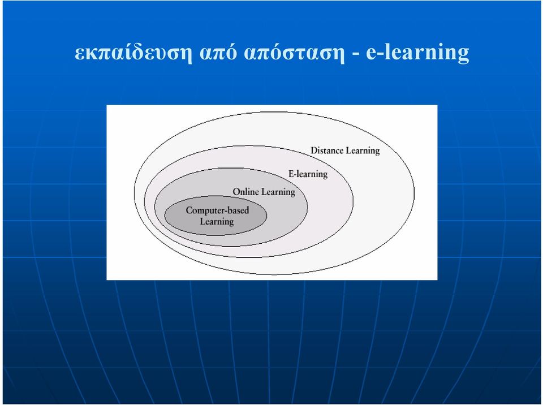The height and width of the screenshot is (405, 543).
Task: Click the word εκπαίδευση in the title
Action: [x=133, y=53]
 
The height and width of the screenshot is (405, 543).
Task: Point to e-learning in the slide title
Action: [x=417, y=53]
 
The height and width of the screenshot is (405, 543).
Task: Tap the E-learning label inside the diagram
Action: [x=308, y=174]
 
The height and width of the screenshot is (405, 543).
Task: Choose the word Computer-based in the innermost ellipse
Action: [x=217, y=210]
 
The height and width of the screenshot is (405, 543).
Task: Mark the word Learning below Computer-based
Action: [x=217, y=222]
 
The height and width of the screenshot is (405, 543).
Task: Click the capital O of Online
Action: [x=236, y=192]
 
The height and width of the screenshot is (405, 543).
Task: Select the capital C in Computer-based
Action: [x=189, y=210]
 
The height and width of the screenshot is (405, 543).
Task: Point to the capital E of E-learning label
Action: [x=291, y=174]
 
